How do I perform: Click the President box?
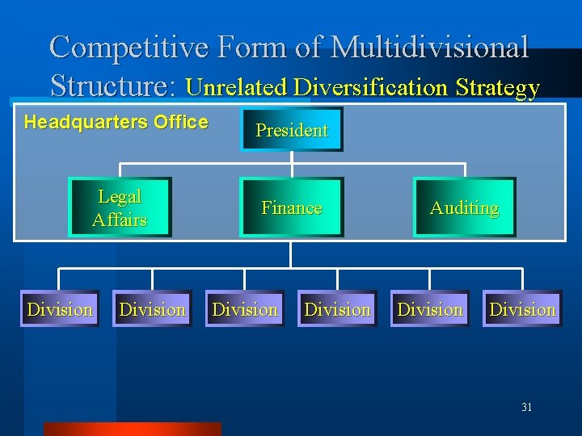292,129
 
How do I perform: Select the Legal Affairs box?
120,208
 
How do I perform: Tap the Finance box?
292,208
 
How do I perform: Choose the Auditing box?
464,208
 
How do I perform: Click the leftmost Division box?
60,308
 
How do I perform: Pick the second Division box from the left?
152,308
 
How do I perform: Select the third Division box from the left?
245,308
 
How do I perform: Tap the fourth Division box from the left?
337,308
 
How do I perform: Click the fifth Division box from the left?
430,308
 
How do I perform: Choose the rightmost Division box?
522,308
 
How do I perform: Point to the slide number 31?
526,408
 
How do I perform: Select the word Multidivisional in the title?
430,48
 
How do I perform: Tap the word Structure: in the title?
114,86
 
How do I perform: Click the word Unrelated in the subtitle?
237,88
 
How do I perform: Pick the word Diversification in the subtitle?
370,88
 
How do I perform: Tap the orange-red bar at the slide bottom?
132,429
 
